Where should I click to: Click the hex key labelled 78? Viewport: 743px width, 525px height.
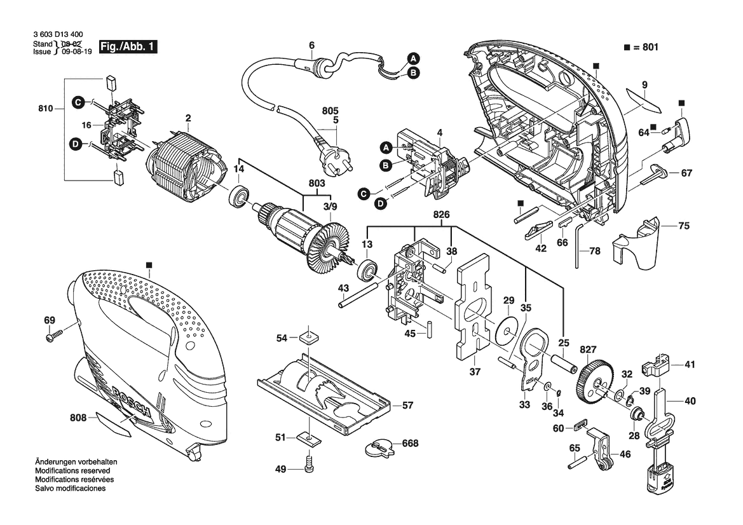[x=580, y=245]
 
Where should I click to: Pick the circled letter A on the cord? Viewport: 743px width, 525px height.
[x=412, y=58]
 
